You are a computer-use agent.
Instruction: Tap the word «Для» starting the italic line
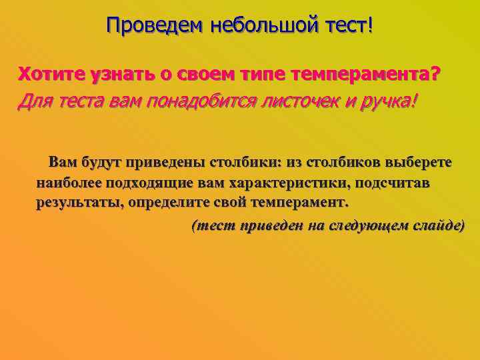point(34,101)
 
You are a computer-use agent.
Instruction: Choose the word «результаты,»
point(77,202)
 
